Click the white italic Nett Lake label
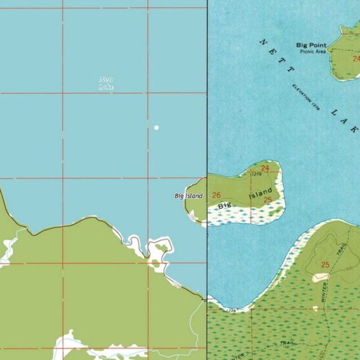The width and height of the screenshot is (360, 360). point(106,84)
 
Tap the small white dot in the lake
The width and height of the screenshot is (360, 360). point(156,128)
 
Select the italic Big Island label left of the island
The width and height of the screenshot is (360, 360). point(189,196)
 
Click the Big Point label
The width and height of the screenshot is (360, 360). point(311,46)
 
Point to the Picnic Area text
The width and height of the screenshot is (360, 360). point(312,51)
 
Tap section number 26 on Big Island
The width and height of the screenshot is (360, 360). point(216,195)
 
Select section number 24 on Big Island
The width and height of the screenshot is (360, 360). point(265,168)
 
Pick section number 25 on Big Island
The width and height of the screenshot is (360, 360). point(268,200)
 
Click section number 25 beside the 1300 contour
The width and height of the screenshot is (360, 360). point(325,264)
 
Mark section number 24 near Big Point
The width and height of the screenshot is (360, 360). point(356,59)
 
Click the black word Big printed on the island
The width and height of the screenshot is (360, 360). point(225,206)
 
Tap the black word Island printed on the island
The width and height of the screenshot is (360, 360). point(261,194)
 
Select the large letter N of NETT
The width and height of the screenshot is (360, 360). point(263,42)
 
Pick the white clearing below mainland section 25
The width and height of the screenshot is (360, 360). point(321,277)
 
